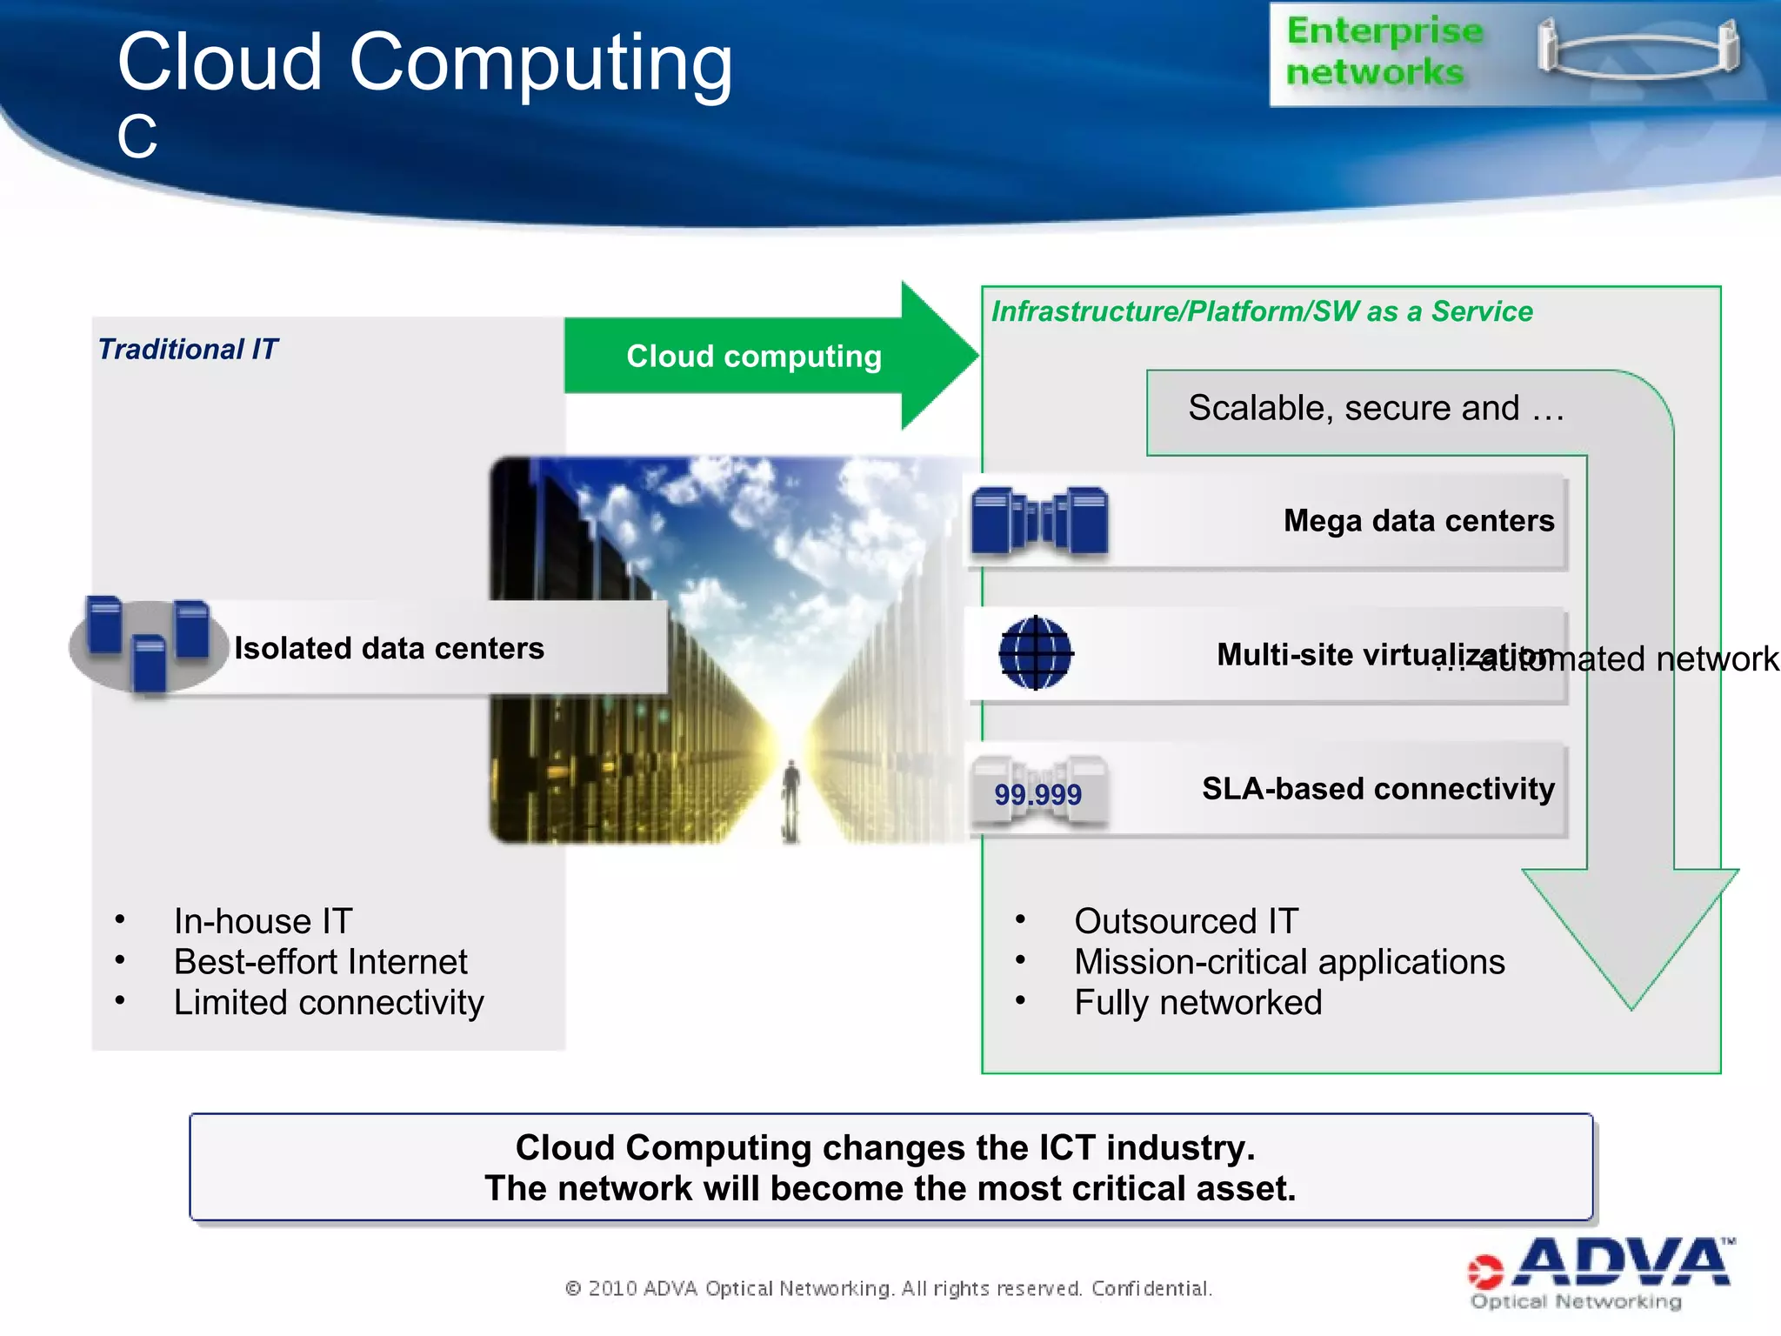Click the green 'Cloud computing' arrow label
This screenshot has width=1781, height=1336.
753,357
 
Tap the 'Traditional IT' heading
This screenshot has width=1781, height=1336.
187,350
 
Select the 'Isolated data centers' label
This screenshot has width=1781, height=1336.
389,649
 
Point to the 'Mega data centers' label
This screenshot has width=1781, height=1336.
1418,521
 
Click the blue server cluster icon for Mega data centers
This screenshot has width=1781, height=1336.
1039,521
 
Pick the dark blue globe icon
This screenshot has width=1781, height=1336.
1035,653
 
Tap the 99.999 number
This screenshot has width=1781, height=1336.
1037,794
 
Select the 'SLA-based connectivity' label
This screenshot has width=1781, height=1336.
1377,789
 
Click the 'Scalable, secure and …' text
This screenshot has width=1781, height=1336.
1376,408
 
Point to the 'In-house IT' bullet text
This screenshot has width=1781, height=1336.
263,921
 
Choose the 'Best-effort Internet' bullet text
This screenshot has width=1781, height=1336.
320,962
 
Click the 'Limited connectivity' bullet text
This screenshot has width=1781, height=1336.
328,1003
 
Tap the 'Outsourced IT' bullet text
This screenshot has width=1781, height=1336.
1186,921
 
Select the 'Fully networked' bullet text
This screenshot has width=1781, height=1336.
1197,1003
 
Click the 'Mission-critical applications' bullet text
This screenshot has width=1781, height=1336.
1289,962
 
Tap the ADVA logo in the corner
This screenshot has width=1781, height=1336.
1600,1273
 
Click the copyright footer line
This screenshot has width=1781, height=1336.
888,1288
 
